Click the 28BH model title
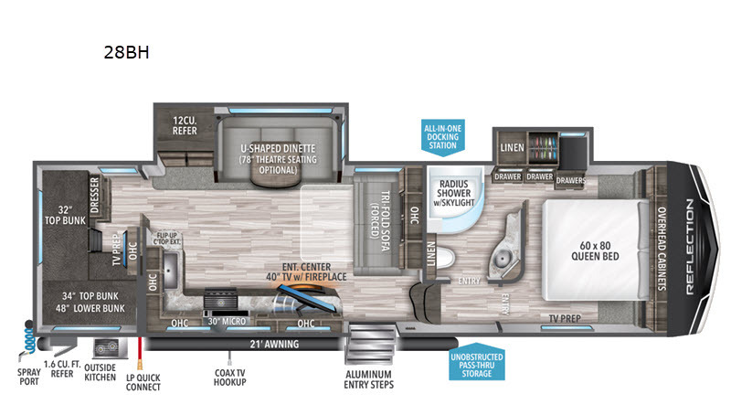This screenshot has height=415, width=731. tap(126, 52)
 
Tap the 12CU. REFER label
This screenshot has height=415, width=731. tap(185, 125)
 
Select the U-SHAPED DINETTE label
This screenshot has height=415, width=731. tap(278, 148)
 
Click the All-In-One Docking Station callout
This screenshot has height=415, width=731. tap(443, 136)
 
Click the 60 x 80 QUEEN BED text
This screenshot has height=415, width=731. tap(595, 250)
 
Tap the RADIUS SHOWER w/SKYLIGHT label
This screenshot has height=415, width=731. tap(453, 193)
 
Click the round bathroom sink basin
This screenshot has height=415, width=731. tap(502, 258)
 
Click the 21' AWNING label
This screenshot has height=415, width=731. tap(274, 344)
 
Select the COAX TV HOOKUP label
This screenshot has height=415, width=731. tap(229, 378)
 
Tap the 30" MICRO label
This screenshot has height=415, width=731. tap(227, 322)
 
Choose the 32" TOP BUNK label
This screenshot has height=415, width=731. tap(65, 216)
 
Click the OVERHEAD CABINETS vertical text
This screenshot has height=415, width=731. tap(661, 249)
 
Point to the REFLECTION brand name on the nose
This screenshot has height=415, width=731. tap(690, 247)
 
